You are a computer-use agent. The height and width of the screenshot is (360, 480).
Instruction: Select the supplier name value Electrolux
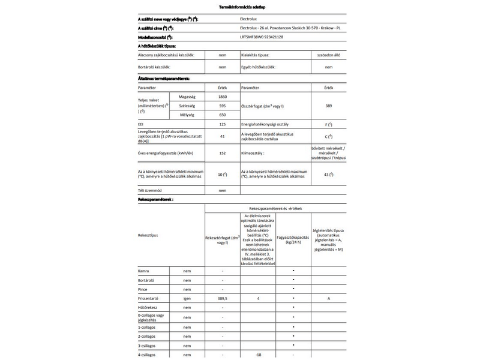pyautogui.click(x=251, y=20)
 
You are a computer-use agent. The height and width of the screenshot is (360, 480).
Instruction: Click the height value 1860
pyautogui.click(x=222, y=96)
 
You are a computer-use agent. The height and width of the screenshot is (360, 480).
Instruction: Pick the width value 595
pyautogui.click(x=222, y=105)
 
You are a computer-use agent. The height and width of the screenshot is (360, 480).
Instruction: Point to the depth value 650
pyautogui.click(x=222, y=114)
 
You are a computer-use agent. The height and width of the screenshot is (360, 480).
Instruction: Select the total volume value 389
pyautogui.click(x=328, y=105)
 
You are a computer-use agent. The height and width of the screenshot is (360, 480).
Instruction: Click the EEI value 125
pyautogui.click(x=222, y=124)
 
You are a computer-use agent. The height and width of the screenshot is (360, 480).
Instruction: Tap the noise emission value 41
pyautogui.click(x=222, y=136)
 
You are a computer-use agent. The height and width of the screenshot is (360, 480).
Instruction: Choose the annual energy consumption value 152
pyautogui.click(x=222, y=153)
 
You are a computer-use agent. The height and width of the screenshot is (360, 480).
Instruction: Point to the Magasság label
pyautogui.click(x=187, y=96)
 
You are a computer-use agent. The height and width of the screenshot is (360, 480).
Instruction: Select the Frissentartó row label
pyautogui.click(x=151, y=298)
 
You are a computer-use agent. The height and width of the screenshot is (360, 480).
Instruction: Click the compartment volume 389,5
pyautogui.click(x=222, y=298)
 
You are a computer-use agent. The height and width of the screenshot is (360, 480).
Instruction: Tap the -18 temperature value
pyautogui.click(x=258, y=355)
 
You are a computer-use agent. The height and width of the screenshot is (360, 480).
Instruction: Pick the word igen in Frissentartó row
pyautogui.click(x=187, y=298)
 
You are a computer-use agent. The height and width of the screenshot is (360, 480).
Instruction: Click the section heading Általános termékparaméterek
pyautogui.click(x=164, y=79)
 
